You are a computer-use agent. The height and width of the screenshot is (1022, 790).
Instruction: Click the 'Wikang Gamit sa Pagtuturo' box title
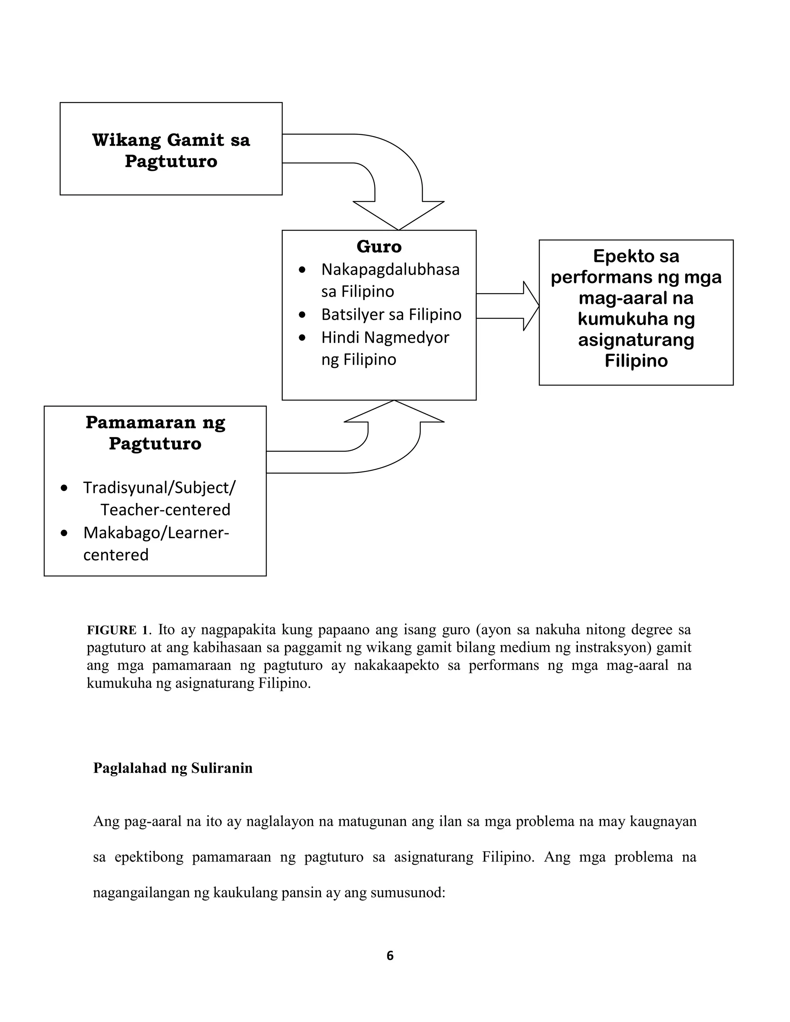[x=171, y=150]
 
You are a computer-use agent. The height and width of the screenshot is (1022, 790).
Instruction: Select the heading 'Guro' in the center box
[x=379, y=246]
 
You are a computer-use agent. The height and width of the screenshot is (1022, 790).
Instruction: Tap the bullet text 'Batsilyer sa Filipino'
[x=391, y=314]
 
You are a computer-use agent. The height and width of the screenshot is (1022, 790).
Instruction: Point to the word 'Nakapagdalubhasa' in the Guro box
[x=390, y=270]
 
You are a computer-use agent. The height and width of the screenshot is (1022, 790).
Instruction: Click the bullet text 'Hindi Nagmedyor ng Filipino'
[x=385, y=348]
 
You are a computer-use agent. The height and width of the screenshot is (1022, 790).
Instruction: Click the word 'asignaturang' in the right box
[x=636, y=340]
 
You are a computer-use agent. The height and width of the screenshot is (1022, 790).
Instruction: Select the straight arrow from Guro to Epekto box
[x=507, y=306]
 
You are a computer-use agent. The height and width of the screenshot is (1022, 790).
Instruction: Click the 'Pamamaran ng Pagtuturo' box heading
[x=155, y=432]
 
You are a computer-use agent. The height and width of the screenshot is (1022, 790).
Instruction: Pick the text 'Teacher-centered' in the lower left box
[x=165, y=509]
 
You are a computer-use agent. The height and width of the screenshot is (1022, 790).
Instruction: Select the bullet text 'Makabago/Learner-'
[x=156, y=533]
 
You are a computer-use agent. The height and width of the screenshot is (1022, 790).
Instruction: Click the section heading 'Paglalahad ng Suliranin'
[x=173, y=768]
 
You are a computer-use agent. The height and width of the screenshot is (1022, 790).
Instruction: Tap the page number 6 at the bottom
[x=390, y=956]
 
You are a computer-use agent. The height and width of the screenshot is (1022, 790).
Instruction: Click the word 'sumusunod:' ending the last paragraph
[x=407, y=893]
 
